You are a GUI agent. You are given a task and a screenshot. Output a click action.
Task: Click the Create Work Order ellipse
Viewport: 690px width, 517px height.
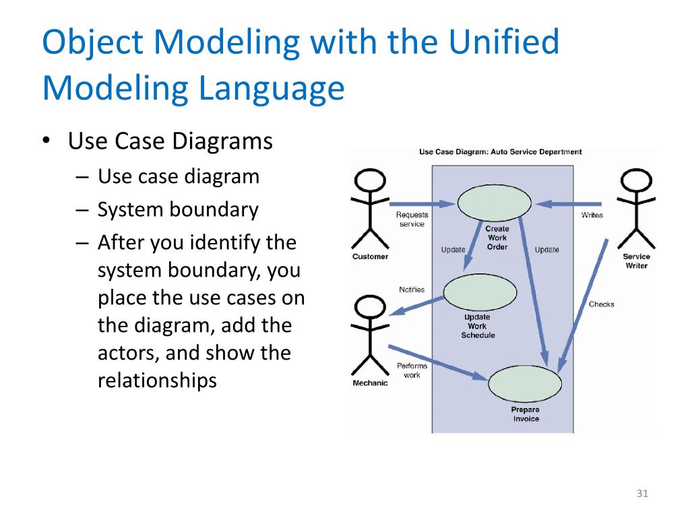494,203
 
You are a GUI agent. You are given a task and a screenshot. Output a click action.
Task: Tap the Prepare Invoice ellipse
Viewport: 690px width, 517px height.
525,384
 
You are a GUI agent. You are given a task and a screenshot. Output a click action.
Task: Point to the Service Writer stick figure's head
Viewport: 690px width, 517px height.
636,180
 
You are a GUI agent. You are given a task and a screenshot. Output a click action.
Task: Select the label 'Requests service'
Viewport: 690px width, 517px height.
412,219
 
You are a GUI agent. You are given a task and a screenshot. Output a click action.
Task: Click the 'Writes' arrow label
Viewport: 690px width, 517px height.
592,215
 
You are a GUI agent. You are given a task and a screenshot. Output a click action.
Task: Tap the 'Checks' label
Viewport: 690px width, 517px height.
601,304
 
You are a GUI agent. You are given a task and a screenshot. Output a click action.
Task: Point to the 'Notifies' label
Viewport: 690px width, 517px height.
411,290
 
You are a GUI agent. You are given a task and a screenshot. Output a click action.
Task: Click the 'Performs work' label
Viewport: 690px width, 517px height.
412,370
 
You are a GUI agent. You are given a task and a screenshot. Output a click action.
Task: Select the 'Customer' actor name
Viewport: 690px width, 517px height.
370,256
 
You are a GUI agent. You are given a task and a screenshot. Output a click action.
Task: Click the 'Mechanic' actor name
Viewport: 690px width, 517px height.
370,384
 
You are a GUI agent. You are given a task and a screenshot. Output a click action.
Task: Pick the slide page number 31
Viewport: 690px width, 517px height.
641,495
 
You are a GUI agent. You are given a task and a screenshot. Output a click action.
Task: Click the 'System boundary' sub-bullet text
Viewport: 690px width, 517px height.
178,210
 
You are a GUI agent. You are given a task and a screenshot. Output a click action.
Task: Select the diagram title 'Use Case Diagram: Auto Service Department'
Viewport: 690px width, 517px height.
500,152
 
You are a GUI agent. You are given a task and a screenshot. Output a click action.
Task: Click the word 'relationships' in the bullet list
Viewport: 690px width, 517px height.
157,381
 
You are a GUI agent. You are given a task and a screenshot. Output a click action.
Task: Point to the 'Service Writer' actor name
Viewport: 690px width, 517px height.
636,261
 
